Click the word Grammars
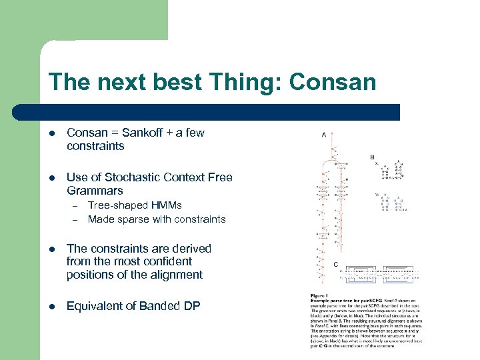pos(95,191)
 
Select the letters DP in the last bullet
pos(191,306)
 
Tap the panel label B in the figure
pos(372,157)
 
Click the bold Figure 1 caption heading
pos(319,296)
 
